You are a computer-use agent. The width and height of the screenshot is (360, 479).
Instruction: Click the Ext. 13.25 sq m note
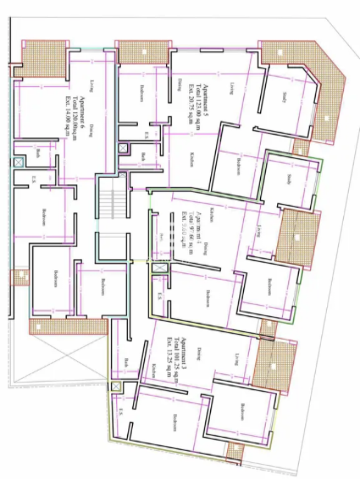click(170, 357)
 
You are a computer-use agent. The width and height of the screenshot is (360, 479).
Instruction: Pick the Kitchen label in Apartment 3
click(152, 372)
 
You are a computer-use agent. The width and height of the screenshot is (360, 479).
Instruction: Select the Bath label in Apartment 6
click(38, 153)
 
